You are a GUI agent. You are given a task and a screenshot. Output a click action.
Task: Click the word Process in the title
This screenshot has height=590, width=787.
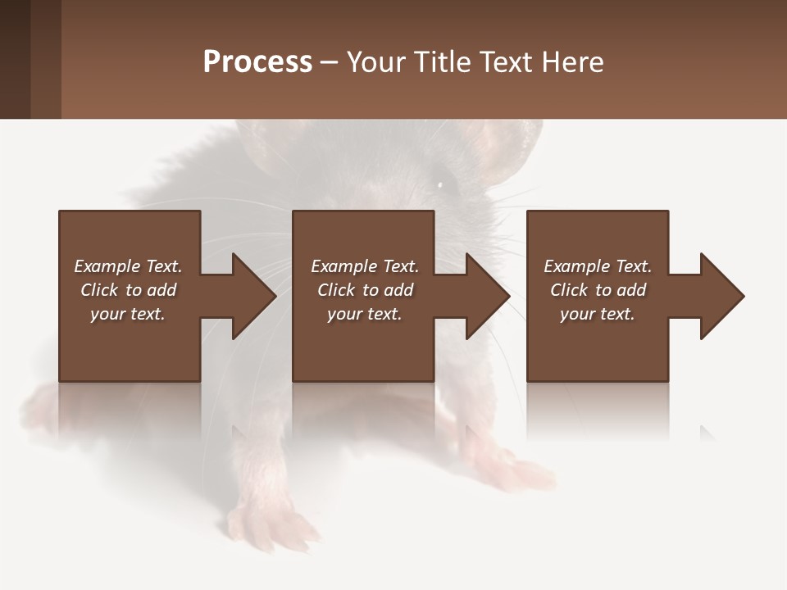(257, 61)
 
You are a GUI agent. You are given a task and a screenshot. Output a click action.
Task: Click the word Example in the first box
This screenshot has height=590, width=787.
(107, 266)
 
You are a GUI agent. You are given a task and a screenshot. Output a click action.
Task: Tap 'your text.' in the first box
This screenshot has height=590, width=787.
(128, 314)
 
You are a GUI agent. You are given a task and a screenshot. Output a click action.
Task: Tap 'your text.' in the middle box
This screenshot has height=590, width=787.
(364, 314)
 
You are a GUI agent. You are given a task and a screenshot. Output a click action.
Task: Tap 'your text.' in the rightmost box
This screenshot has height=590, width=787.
(598, 314)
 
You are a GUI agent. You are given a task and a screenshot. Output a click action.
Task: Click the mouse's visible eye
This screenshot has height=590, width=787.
(440, 184)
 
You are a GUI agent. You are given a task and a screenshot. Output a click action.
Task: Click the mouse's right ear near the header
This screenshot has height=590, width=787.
(508, 147)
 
